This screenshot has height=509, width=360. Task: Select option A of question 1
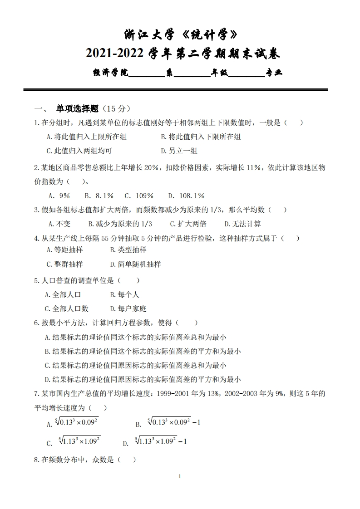point(86,137)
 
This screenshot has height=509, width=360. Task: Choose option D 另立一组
point(179,151)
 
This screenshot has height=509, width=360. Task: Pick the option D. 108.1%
point(186,196)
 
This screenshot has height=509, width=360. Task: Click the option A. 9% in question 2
point(59,196)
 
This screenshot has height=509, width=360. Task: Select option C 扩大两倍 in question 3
point(187,224)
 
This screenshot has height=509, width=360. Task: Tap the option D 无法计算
point(242,224)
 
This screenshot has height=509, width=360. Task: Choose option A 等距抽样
point(64,250)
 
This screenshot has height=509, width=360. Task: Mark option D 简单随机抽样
point(135,264)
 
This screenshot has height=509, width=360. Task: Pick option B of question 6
point(143,351)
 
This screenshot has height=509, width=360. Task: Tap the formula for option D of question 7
point(161,441)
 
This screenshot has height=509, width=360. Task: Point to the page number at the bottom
point(180,476)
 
